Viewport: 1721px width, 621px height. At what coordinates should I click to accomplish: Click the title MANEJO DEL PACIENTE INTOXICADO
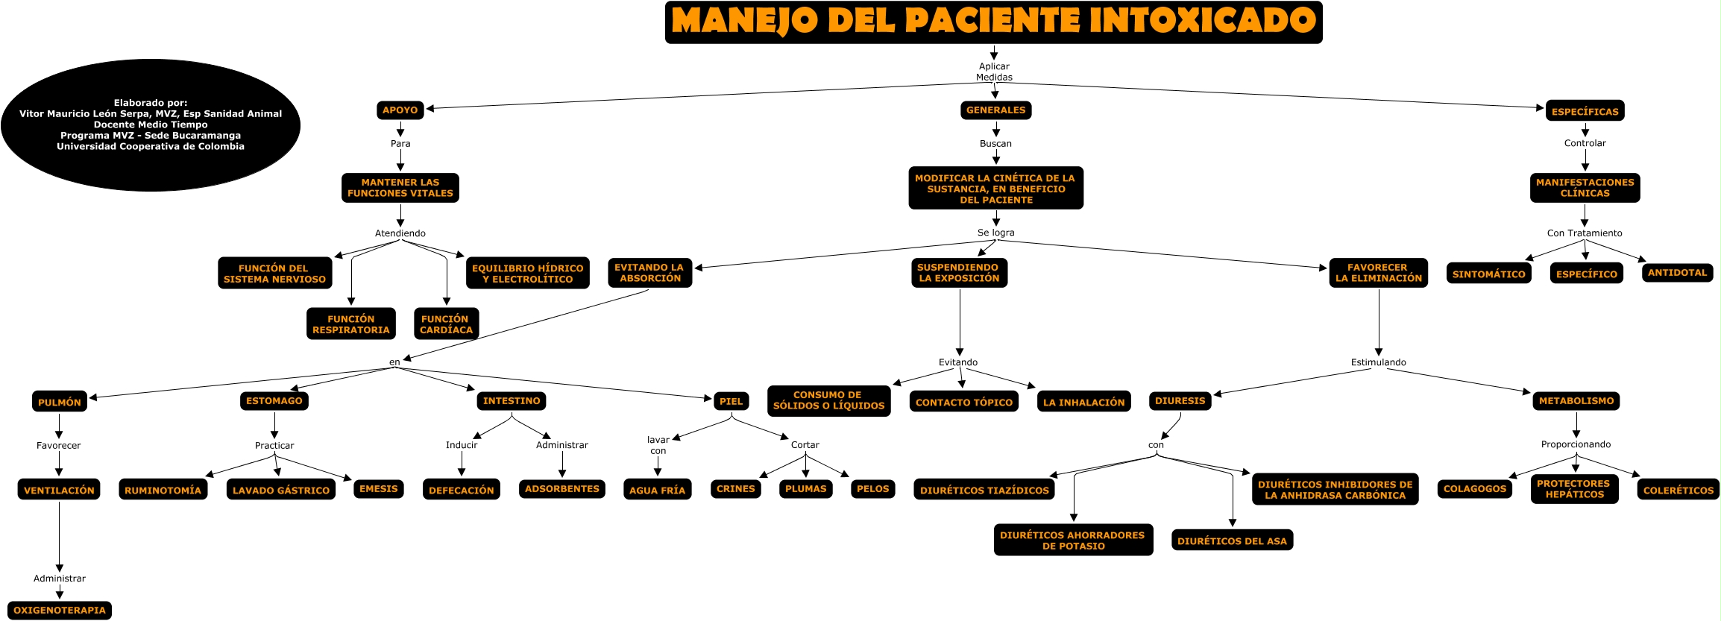click(993, 22)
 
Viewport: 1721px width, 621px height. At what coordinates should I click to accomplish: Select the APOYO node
click(400, 110)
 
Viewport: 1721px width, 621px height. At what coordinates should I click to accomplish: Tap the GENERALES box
click(995, 110)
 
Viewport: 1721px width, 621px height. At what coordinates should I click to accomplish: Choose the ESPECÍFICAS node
click(1585, 111)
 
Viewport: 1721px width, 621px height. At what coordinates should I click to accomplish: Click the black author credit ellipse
click(151, 125)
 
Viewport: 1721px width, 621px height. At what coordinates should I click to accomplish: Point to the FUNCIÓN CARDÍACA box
click(446, 324)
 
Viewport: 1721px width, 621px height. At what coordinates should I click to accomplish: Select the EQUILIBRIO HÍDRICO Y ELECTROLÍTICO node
click(527, 274)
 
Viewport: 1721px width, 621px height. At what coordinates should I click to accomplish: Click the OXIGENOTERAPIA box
click(60, 611)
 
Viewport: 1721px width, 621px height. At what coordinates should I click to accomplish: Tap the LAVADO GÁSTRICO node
click(281, 490)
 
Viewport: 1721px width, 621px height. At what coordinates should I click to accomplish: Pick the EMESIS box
click(379, 489)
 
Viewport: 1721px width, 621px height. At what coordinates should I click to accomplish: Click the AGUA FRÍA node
click(657, 490)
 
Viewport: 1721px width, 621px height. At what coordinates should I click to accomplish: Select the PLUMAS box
click(805, 489)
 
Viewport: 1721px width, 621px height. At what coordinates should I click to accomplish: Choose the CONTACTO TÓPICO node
click(963, 402)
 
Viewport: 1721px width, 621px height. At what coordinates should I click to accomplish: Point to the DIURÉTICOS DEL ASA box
click(1232, 540)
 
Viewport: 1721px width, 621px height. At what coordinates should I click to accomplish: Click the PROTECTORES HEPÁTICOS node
click(1574, 489)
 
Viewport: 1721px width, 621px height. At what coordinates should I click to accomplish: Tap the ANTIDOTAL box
click(1677, 273)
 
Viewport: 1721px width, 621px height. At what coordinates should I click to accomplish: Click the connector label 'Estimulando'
click(1378, 362)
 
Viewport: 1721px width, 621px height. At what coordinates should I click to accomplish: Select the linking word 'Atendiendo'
click(400, 233)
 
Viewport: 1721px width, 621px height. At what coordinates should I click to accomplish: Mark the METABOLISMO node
click(1576, 401)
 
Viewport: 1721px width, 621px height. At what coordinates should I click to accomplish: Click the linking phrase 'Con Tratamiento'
click(1585, 233)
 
